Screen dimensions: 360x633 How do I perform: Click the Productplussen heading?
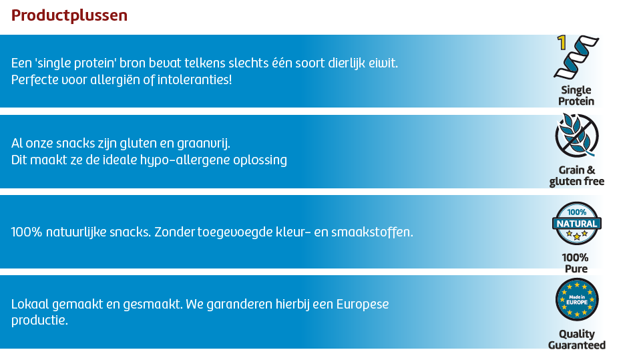pyautogui.click(x=69, y=15)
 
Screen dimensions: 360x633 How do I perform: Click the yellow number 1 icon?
pyautogui.click(x=562, y=43)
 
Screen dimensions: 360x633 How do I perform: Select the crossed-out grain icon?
pyautogui.click(x=577, y=136)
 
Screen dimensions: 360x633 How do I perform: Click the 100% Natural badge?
pyautogui.click(x=576, y=222)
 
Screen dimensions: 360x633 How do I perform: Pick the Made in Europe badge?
pyautogui.click(x=577, y=300)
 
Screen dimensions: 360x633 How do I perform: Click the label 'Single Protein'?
pyautogui.click(x=576, y=96)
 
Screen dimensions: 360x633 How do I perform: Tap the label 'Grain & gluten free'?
pyautogui.click(x=577, y=176)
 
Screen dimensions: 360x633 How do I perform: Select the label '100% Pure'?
pyautogui.click(x=575, y=263)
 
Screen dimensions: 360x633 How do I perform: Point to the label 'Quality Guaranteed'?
pyautogui.click(x=577, y=339)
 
